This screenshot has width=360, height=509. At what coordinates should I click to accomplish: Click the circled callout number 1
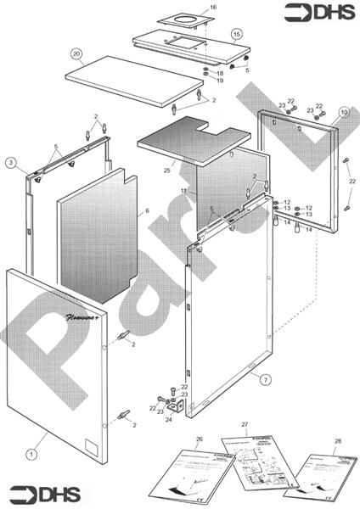tap(31, 454)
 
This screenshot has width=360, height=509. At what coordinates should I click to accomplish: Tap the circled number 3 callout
tap(10, 162)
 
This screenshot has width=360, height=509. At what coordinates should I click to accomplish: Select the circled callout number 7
tap(266, 378)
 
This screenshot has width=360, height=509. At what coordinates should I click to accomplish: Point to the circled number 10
tap(344, 111)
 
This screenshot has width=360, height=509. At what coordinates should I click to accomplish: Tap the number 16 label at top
tap(213, 7)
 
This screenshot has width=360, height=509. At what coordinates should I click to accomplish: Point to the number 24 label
tap(168, 419)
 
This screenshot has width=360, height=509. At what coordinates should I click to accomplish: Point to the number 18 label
tap(220, 74)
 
